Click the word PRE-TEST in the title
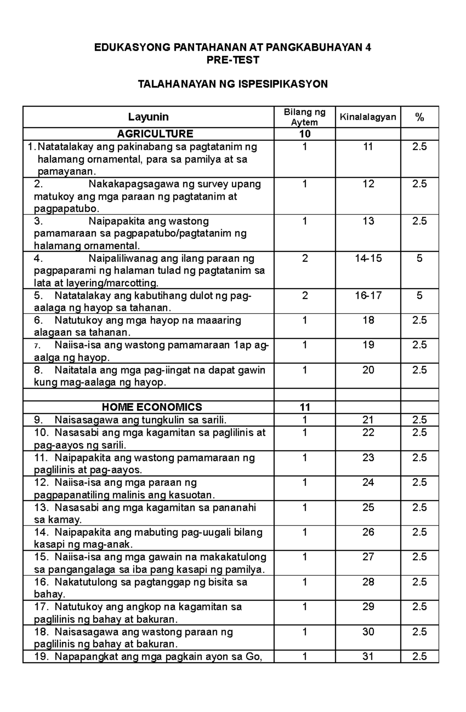[233, 60]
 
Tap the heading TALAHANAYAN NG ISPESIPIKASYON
[233, 84]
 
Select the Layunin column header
[148, 117]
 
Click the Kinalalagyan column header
[368, 117]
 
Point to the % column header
[419, 117]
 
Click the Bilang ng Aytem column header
[304, 117]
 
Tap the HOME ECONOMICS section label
[152, 407]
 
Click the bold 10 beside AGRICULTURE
[305, 134]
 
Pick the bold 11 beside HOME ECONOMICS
[305, 407]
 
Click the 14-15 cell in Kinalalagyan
[368, 258]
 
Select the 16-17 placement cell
[368, 296]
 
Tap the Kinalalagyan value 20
[368, 370]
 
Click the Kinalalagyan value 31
[368, 657]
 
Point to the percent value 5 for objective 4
[419, 258]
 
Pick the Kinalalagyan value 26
[368, 532]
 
